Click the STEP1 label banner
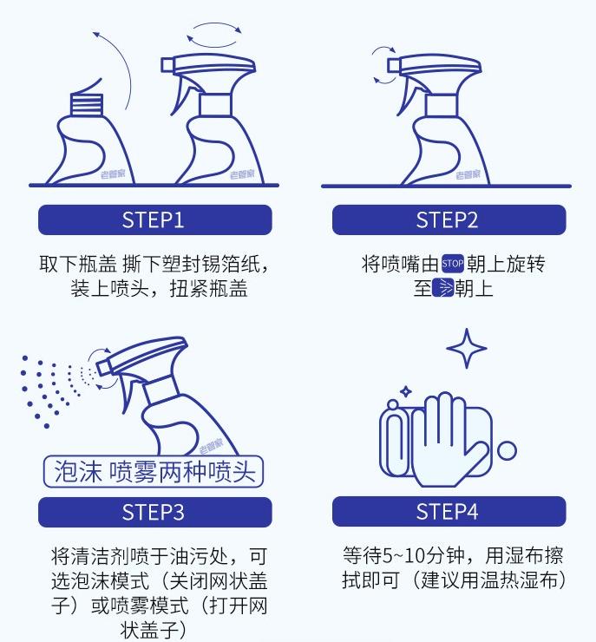click(x=154, y=219)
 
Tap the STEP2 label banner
click(x=448, y=219)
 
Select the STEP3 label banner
click(x=154, y=512)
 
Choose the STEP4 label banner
click(x=448, y=512)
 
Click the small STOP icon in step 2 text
click(x=453, y=264)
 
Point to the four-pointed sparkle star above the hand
click(x=467, y=349)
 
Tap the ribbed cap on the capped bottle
click(x=85, y=104)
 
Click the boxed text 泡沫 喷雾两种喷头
click(x=153, y=471)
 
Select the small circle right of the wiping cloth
click(x=507, y=450)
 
